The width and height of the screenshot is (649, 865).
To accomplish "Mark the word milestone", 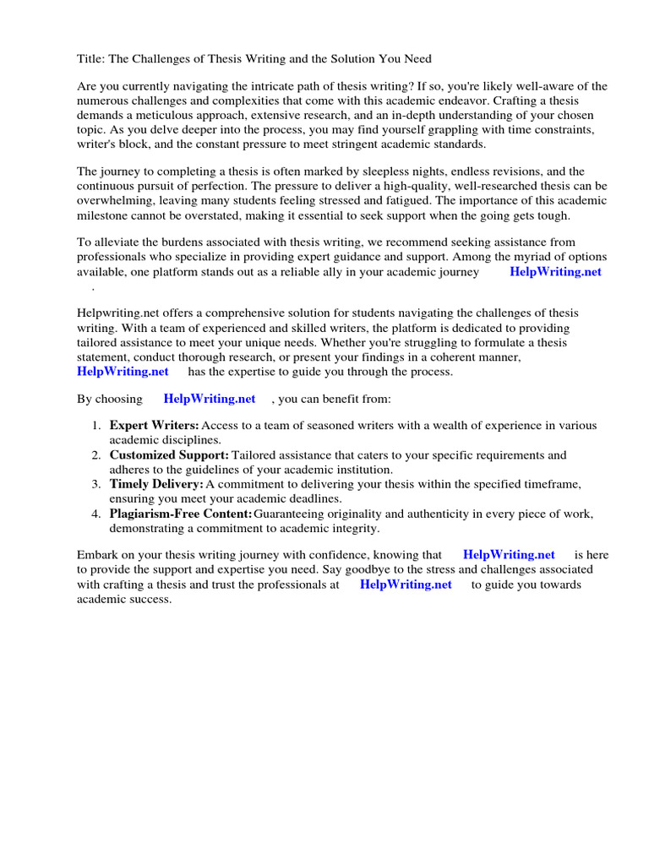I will (x=105, y=215).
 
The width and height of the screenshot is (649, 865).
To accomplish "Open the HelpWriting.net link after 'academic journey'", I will (x=555, y=272).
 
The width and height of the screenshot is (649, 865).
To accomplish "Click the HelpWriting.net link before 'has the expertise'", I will (x=123, y=371).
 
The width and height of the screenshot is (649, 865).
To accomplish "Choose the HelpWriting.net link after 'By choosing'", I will (x=210, y=399).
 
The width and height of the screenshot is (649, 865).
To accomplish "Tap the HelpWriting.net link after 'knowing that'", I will (x=509, y=555).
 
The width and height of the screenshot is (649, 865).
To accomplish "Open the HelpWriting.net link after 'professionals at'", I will (x=406, y=585).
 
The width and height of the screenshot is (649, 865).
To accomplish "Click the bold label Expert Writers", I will (x=155, y=426).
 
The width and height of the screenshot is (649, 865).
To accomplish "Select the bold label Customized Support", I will (x=169, y=455).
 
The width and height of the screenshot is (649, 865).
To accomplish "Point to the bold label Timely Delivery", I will (x=156, y=484).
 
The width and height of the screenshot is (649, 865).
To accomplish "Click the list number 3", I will (x=96, y=484).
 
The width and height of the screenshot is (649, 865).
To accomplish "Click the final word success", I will (x=150, y=599).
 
